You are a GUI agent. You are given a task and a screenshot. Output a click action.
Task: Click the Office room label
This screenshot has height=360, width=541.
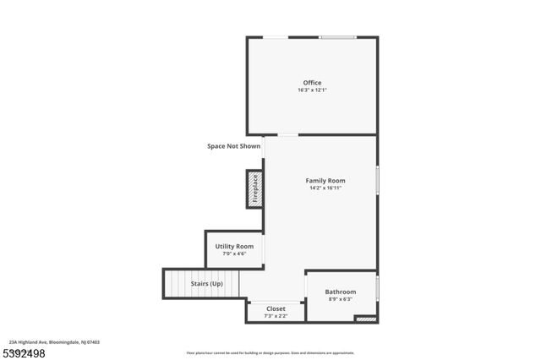[x=312, y=83]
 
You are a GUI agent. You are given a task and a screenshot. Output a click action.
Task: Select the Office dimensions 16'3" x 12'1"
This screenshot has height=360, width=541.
[x=312, y=90]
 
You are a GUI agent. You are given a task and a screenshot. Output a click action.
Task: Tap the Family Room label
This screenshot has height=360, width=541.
[x=325, y=180]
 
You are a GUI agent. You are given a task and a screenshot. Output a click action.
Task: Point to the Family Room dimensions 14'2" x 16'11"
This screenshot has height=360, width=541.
[x=325, y=188]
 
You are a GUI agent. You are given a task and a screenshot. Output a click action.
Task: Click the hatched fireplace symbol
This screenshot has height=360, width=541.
[x=254, y=189]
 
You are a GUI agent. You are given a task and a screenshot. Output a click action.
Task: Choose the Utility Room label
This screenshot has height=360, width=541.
[x=234, y=246]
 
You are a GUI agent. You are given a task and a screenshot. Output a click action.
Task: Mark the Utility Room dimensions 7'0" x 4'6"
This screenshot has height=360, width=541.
[x=234, y=254]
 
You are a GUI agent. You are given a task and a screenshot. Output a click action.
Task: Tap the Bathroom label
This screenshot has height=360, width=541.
[x=341, y=292]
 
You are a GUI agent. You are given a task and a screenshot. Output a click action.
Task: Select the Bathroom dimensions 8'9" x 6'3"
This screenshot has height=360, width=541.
[x=341, y=299]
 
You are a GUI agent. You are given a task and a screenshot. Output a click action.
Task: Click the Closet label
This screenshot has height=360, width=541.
[x=276, y=308]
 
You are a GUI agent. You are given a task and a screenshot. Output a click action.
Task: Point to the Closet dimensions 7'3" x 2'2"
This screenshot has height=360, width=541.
[x=276, y=316]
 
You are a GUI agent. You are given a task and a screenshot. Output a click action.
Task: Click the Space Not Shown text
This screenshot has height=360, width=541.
[x=234, y=146]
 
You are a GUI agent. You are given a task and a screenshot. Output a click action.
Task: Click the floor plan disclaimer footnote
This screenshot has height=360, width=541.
[x=270, y=353]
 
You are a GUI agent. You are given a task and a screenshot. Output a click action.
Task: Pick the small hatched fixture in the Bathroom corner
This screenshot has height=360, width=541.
[x=365, y=319]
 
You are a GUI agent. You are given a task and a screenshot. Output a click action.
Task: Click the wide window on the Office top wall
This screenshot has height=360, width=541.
[x=337, y=37]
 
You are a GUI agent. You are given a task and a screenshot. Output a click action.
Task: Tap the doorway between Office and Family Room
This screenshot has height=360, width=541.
[x=288, y=135]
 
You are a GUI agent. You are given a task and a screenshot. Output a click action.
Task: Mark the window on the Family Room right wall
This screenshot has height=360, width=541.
[x=377, y=180]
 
